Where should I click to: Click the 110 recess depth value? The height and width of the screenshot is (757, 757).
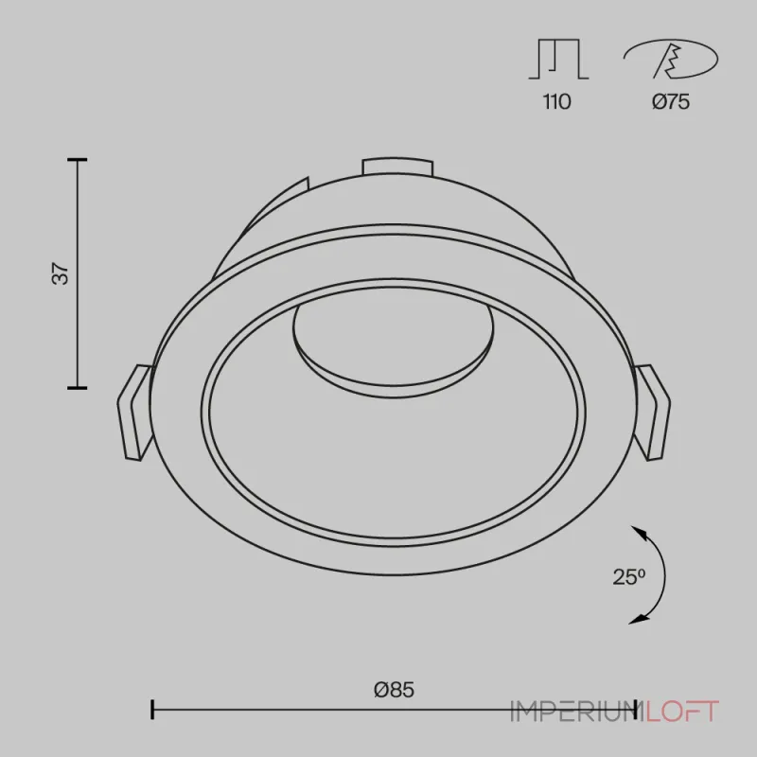tap(557, 102)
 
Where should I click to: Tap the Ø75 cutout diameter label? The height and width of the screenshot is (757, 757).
tap(671, 102)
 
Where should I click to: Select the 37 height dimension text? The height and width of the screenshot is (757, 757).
tap(61, 273)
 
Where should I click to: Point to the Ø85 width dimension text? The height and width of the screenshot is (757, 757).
tap(394, 690)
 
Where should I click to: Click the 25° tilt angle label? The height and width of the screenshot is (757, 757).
tap(629, 577)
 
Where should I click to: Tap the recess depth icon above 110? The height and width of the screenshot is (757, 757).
tap(558, 59)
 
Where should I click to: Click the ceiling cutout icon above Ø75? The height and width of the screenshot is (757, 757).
tap(671, 59)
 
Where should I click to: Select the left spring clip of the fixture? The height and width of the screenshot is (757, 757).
tap(134, 412)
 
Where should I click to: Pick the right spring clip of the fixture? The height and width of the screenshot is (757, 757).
tap(652, 412)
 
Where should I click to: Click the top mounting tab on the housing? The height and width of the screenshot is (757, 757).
tap(397, 167)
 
